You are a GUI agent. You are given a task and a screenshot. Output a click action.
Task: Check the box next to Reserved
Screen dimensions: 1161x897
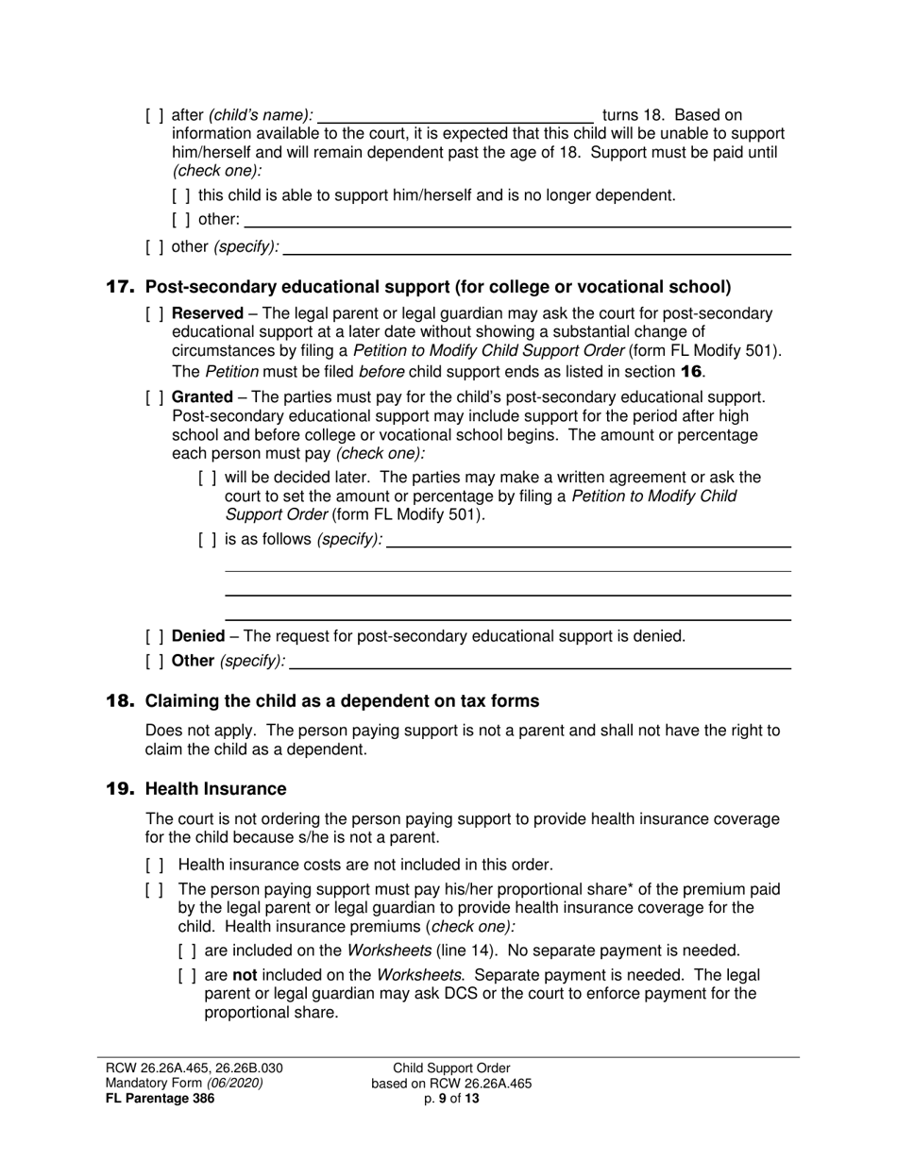pyautogui.click(x=155, y=313)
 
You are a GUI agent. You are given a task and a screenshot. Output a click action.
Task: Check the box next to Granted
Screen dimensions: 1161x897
pyautogui.click(x=155, y=397)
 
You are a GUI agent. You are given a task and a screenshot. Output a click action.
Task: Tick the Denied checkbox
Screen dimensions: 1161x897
pyautogui.click(x=155, y=636)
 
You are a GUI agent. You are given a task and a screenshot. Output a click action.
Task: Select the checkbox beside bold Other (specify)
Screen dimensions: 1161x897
pyautogui.click(x=155, y=661)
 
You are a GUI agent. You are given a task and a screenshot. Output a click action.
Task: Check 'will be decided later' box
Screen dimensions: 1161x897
pyautogui.click(x=208, y=478)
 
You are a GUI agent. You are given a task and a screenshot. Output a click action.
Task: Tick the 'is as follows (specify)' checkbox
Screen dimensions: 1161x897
pyautogui.click(x=208, y=539)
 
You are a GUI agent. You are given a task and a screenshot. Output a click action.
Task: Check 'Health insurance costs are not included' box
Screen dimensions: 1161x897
pyautogui.click(x=155, y=865)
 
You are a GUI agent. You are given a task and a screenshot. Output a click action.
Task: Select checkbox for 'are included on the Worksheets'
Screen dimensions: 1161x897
pyautogui.click(x=187, y=951)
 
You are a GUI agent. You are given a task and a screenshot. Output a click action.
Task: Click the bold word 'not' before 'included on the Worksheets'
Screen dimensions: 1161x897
pyautogui.click(x=245, y=975)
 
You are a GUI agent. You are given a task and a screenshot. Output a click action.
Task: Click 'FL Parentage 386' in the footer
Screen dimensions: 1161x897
pyautogui.click(x=160, y=1098)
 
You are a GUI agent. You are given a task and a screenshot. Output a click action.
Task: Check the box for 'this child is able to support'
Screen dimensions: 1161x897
pyautogui.click(x=181, y=195)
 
